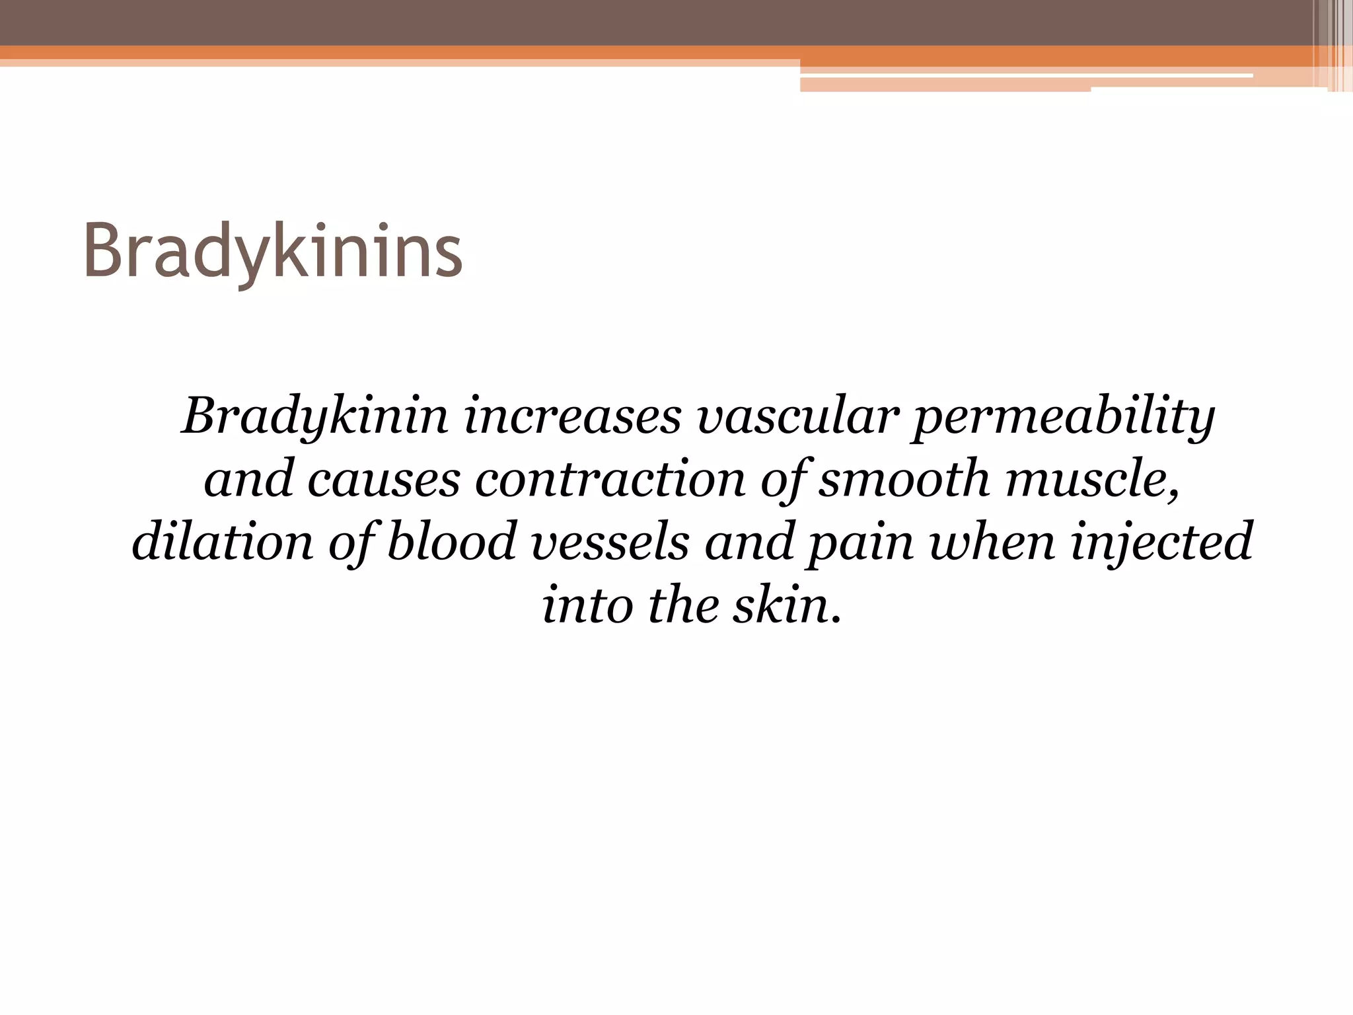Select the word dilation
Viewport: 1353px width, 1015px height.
222,542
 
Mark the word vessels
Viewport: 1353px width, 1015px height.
610,542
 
